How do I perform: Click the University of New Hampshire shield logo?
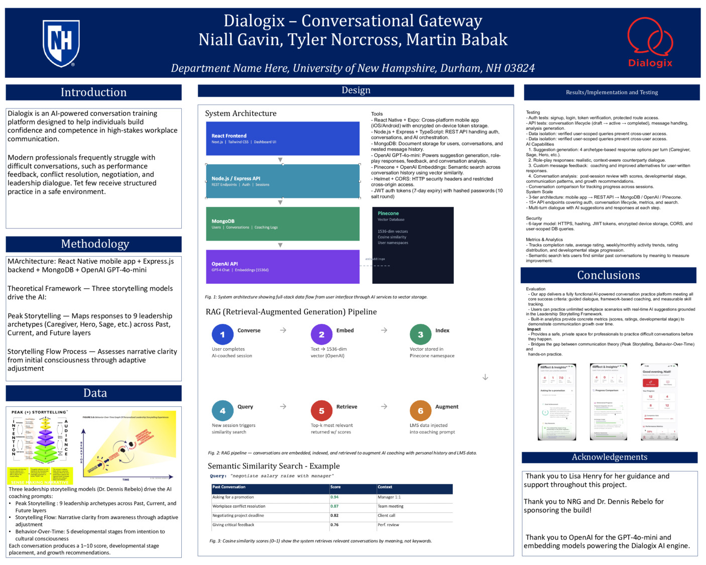(61, 43)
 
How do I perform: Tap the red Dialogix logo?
(650, 42)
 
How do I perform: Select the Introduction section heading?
(93, 92)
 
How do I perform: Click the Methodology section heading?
(95, 244)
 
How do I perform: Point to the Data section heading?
(95, 393)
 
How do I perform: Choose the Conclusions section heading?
(608, 275)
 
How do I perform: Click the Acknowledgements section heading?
(609, 457)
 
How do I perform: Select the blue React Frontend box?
(283, 139)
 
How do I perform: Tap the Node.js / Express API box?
(283, 181)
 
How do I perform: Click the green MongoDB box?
(283, 224)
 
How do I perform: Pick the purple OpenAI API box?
(283, 267)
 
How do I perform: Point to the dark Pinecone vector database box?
(413, 245)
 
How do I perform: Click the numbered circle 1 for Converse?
(222, 334)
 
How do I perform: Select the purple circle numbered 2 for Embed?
(321, 334)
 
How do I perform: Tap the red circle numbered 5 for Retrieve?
(321, 411)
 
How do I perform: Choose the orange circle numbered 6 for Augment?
(420, 411)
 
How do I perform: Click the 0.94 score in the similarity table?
(334, 497)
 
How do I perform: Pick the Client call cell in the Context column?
(387, 516)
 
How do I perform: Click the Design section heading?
(356, 90)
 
